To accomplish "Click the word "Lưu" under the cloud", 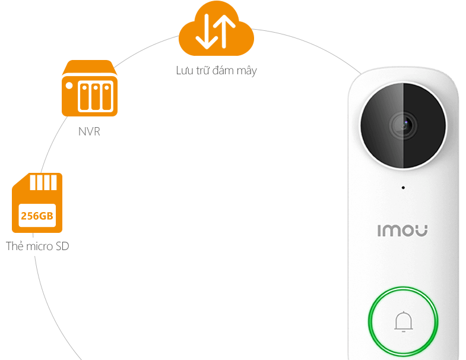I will pyautogui.click(x=183, y=71).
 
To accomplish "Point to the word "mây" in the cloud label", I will pyautogui.click(x=246, y=71).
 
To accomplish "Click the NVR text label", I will pyautogui.click(x=89, y=131).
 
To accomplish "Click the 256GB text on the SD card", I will pyautogui.click(x=37, y=215).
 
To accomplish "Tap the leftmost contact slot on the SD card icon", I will pyautogui.click(x=33, y=181).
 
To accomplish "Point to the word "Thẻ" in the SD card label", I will pyautogui.click(x=14, y=246).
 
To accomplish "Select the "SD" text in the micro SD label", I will pyautogui.click(x=61, y=246).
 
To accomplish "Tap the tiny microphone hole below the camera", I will pyautogui.click(x=403, y=188).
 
